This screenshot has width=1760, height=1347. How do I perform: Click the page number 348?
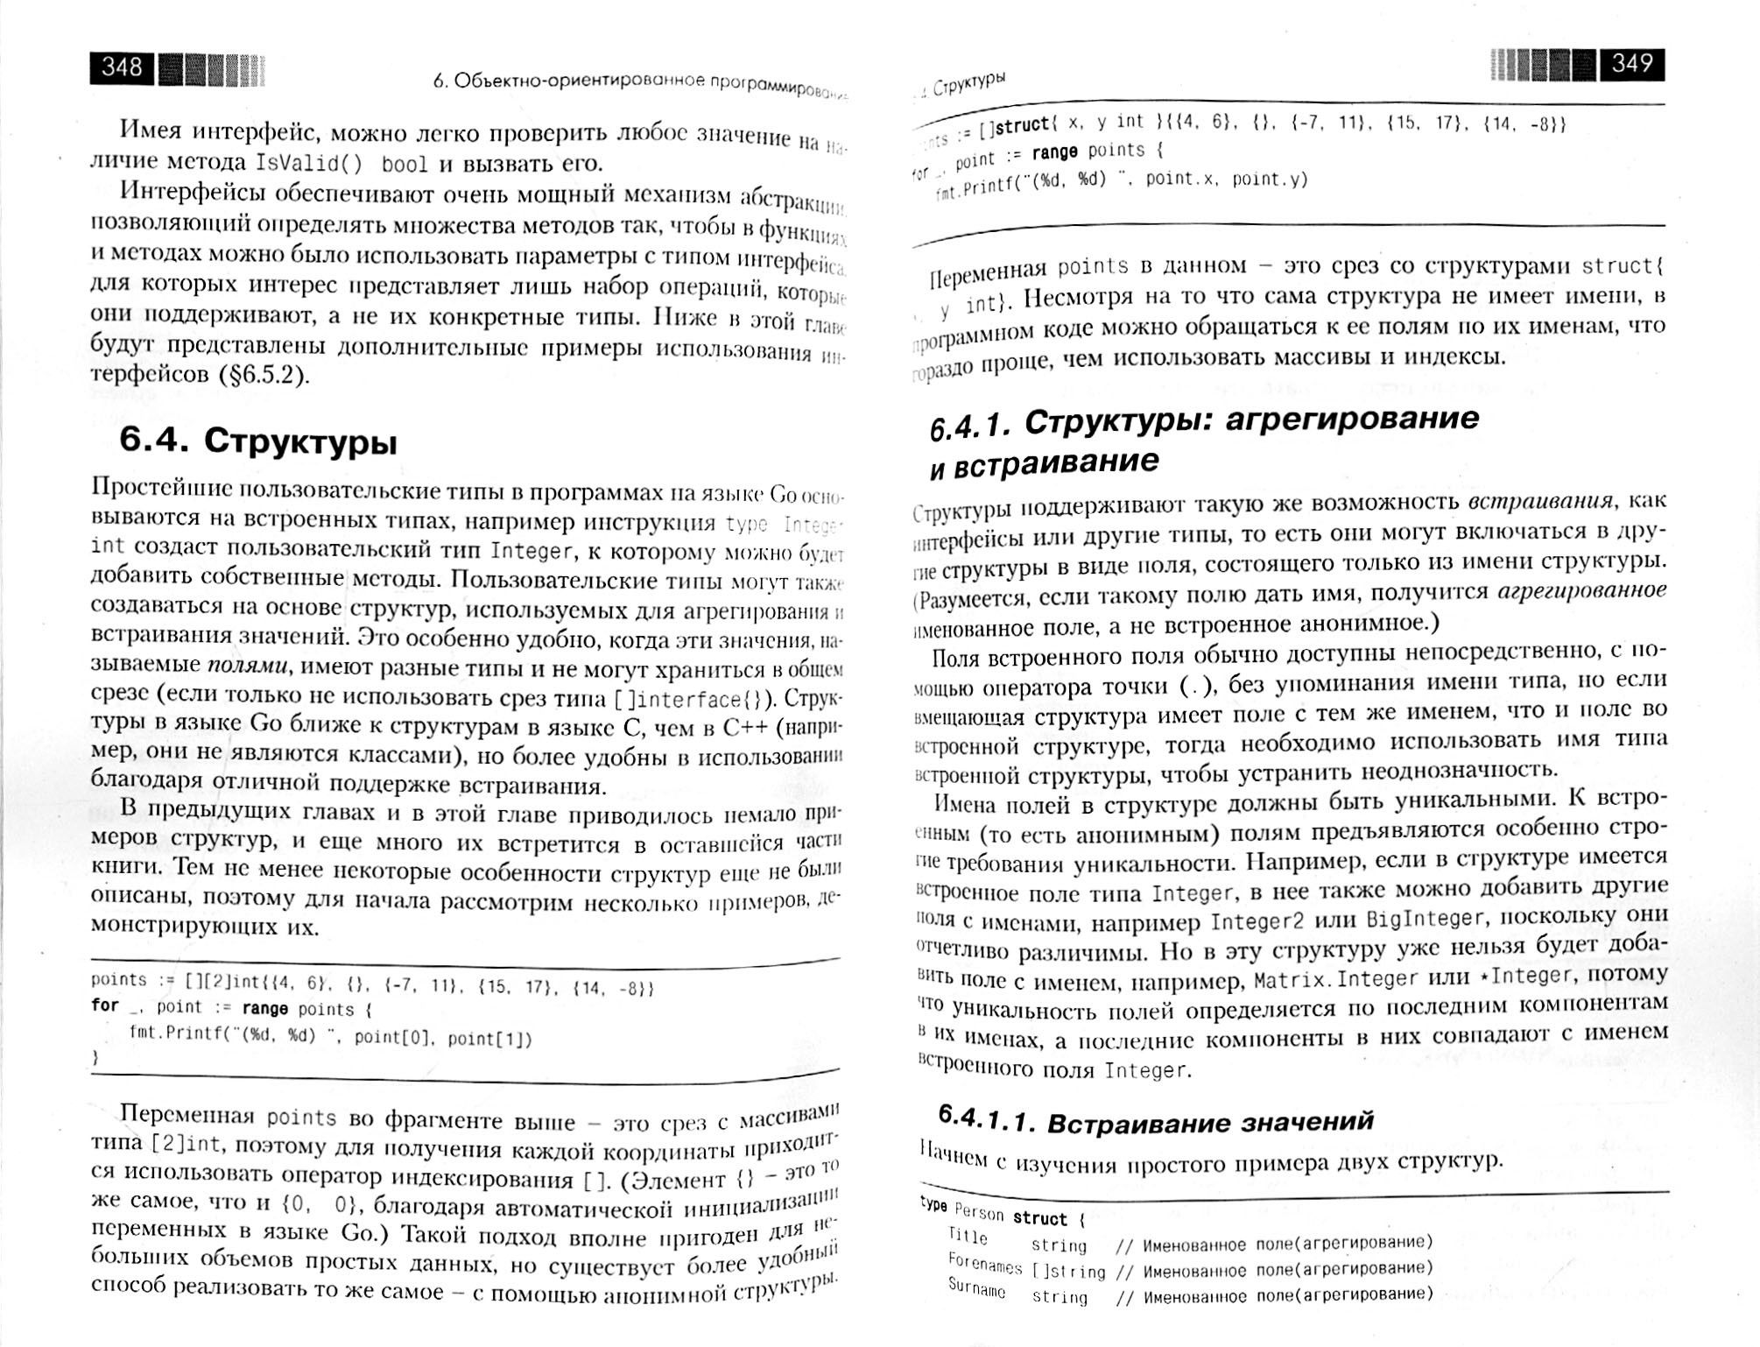[x=122, y=67]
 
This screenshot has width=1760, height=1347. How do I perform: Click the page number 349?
[x=1632, y=64]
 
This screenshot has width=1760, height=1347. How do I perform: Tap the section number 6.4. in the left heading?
[x=155, y=441]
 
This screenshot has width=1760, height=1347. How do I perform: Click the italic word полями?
[x=249, y=666]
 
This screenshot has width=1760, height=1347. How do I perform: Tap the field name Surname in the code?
[x=976, y=1288]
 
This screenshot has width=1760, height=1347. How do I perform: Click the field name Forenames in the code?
[x=984, y=1264]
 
